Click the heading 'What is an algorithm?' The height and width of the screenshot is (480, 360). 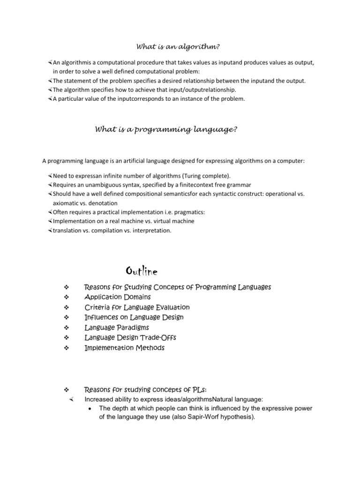tap(178, 46)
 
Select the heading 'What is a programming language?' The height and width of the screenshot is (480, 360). tap(165, 129)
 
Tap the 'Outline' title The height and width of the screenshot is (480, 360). tap(142, 271)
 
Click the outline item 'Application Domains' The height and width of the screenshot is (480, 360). tap(117, 297)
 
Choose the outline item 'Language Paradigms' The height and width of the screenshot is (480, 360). tap(117, 327)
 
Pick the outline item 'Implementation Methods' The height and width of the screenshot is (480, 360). tap(124, 348)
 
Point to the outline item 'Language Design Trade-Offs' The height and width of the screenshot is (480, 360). tap(130, 337)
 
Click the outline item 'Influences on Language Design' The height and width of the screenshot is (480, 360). tap(134, 317)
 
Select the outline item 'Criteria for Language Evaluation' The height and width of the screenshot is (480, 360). tap(137, 307)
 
